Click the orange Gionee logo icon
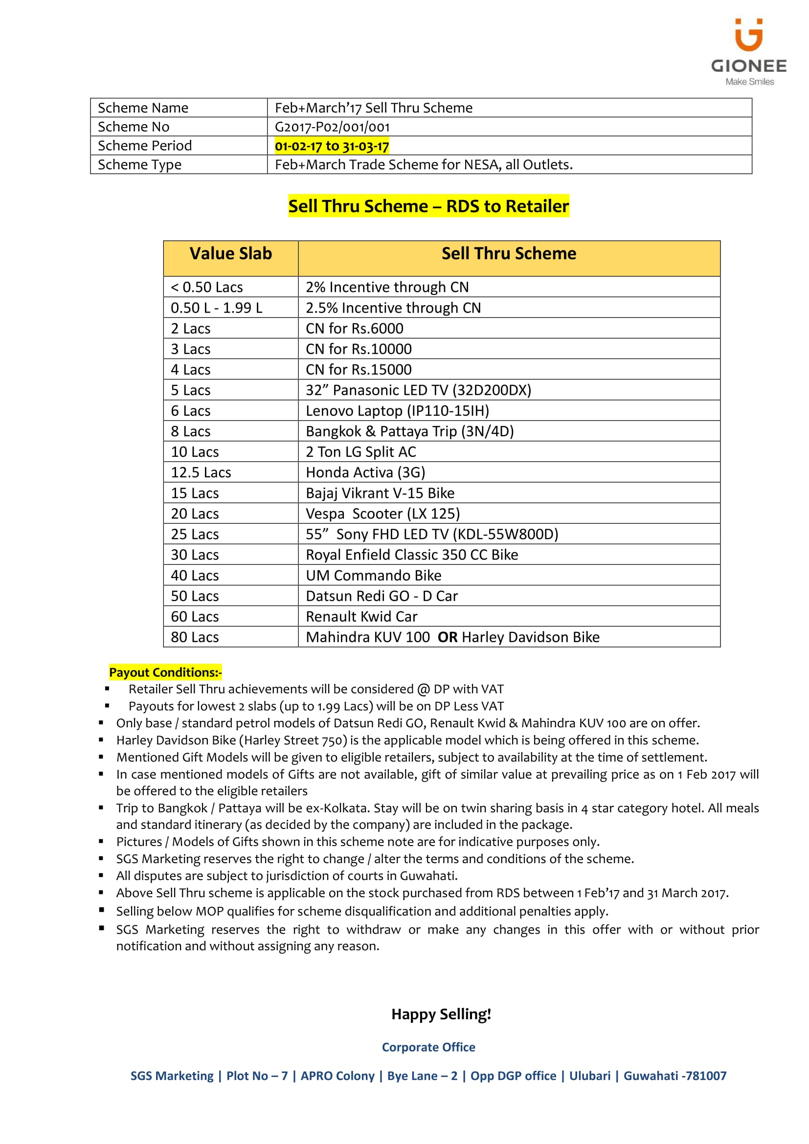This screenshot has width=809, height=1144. [x=748, y=35]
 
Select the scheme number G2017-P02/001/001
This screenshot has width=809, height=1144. [x=332, y=127]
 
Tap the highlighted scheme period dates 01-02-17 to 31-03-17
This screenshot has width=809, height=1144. [x=332, y=146]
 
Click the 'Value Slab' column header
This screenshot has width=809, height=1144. [x=231, y=254]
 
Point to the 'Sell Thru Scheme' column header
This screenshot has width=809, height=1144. [x=509, y=254]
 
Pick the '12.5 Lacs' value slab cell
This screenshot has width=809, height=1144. [x=201, y=472]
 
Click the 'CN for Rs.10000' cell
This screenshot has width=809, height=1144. [x=359, y=349]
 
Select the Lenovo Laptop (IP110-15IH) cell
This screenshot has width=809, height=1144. [x=397, y=411]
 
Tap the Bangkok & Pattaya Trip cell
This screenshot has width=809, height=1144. [x=409, y=431]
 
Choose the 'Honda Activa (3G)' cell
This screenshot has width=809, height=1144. [x=365, y=472]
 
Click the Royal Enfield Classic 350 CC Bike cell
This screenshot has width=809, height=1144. [x=411, y=555]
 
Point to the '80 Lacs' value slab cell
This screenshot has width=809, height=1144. [x=195, y=637]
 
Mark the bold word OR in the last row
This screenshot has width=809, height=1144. [x=448, y=637]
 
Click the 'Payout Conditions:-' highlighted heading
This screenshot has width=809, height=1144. [x=165, y=673]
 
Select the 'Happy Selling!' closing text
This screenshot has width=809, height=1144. [x=441, y=1014]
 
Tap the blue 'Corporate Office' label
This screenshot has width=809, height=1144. [x=428, y=1047]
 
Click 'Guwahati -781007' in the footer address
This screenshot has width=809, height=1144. [x=675, y=1076]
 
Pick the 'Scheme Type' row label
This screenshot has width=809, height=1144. [x=139, y=165]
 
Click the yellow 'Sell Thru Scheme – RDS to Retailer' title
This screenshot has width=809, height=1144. [x=428, y=206]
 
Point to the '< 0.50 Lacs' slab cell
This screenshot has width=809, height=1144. [x=207, y=288]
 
